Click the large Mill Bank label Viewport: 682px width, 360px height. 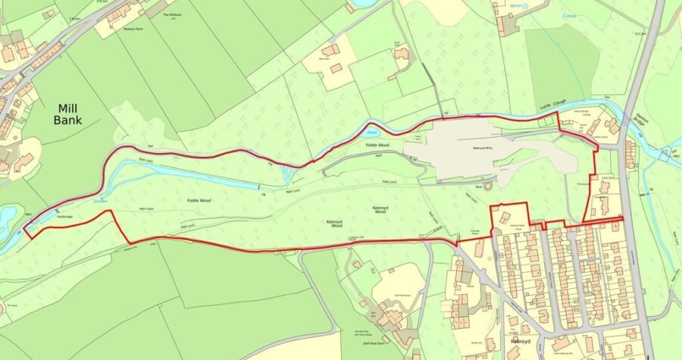pyautogui.click(x=67, y=114)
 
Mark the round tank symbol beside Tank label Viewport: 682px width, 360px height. pyautogui.click(x=488, y=185)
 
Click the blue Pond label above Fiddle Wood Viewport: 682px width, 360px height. pyautogui.click(x=371, y=132)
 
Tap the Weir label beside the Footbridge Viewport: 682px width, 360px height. pyautogui.click(x=28, y=214)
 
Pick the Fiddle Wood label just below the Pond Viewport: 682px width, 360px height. pyautogui.click(x=377, y=143)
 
